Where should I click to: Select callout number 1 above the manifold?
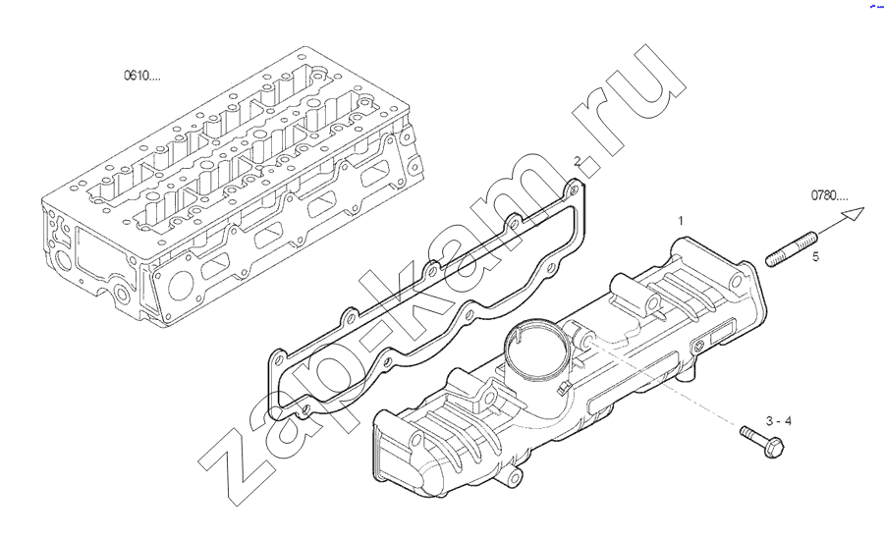(x=681, y=220)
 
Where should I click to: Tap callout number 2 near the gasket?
(x=577, y=161)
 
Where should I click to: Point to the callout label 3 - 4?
(x=779, y=421)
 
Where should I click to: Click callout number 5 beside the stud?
(x=815, y=257)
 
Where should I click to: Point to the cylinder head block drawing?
(x=232, y=186)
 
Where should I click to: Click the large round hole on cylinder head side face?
(x=181, y=286)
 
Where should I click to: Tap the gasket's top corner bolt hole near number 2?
(x=574, y=189)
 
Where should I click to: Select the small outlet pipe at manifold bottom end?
(x=513, y=478)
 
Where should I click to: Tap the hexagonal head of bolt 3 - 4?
(x=775, y=448)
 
